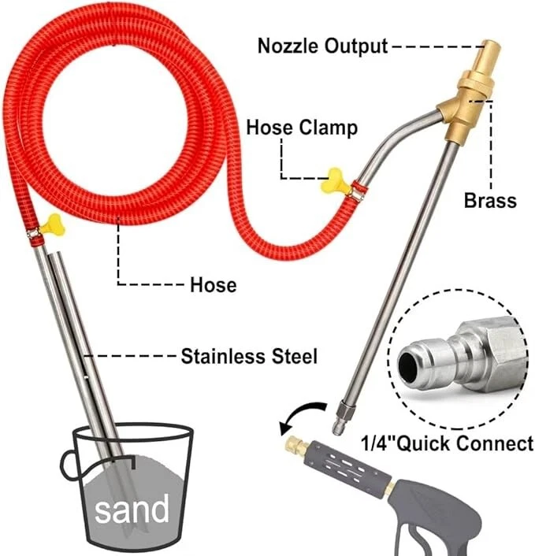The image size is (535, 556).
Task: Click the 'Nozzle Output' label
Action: [323, 46]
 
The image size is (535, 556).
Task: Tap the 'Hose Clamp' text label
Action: [302, 128]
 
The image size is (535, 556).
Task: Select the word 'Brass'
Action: [489, 200]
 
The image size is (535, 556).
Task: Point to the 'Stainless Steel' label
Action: [249, 356]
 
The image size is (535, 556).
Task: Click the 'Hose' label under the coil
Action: [213, 284]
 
